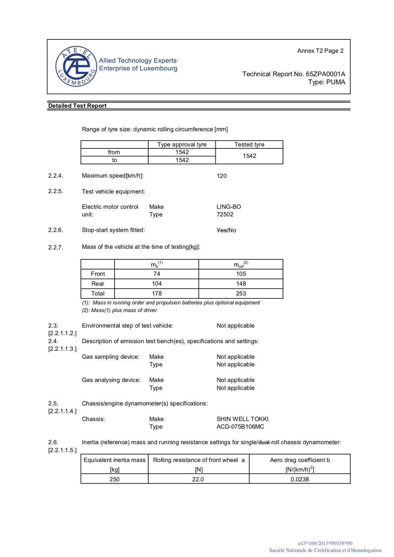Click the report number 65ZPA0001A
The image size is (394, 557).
(x=325, y=74)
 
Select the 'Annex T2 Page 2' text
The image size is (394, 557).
(x=320, y=51)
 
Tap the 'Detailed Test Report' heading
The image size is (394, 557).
(x=77, y=106)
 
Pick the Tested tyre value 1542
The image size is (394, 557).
(x=249, y=156)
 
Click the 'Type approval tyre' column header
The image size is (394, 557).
(x=182, y=145)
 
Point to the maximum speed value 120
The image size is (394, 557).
(x=221, y=176)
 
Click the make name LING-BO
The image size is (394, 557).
(x=229, y=207)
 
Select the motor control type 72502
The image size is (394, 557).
(x=225, y=214)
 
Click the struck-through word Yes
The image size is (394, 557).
(x=221, y=230)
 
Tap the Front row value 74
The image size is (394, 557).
(x=157, y=274)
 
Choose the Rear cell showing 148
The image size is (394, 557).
(x=241, y=284)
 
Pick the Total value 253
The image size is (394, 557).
(x=241, y=294)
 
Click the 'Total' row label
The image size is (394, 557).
(x=98, y=294)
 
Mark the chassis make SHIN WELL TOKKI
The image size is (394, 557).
(x=242, y=419)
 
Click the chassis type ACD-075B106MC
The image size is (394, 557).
(x=240, y=427)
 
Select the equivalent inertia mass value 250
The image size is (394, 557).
(x=114, y=479)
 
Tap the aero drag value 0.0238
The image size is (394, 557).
(x=300, y=479)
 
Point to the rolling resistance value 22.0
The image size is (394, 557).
(x=198, y=479)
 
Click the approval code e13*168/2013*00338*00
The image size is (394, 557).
(x=325, y=543)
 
